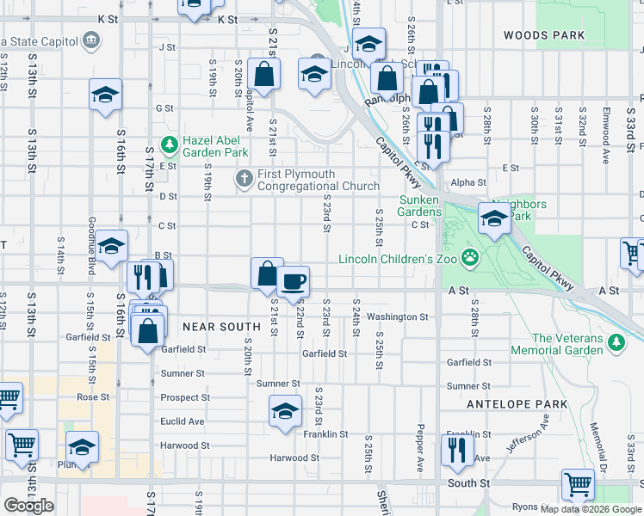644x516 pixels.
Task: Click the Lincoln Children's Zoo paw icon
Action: coord(470,257)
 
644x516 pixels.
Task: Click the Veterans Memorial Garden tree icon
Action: coord(616,343)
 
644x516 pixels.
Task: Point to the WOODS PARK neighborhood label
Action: coord(544,36)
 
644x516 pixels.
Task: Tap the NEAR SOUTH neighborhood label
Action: coord(221,327)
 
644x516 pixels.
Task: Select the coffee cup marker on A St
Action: coord(294,279)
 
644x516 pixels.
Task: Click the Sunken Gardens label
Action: coord(420,206)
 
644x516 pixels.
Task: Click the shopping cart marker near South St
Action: coord(577,483)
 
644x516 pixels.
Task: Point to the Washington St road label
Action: coord(397,317)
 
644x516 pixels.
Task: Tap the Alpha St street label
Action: coord(468,182)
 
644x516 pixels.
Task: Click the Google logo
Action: coord(29,506)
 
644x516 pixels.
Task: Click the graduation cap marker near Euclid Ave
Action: coord(285,410)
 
